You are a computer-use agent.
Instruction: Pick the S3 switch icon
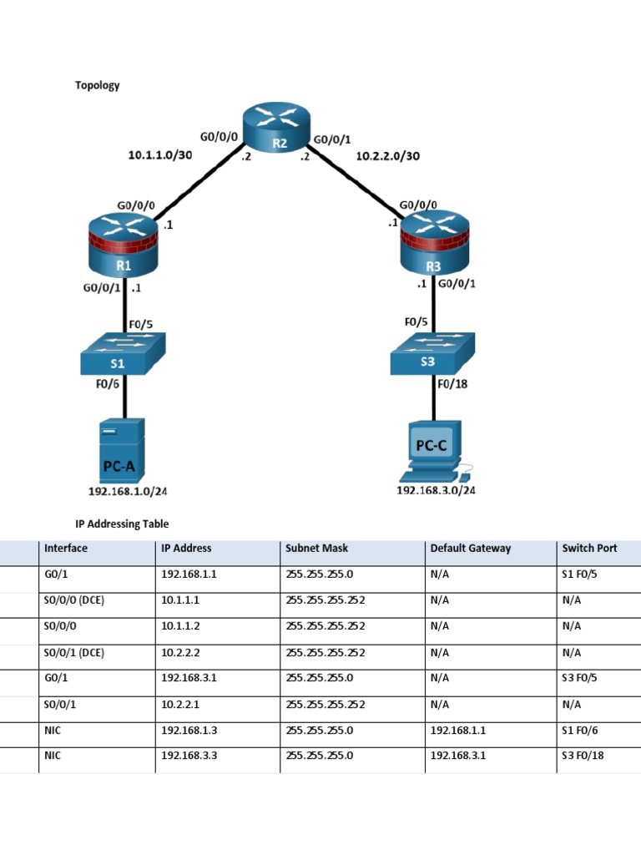pos(432,354)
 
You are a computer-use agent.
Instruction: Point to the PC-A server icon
pos(120,451)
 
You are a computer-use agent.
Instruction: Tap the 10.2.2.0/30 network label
pos(387,155)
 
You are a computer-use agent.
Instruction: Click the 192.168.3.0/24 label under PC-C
pos(436,490)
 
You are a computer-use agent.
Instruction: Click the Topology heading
pos(98,85)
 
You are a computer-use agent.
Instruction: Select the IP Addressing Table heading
pos(122,524)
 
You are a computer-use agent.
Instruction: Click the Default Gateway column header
pos(470,549)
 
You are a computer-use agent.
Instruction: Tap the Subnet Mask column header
pos(317,549)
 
